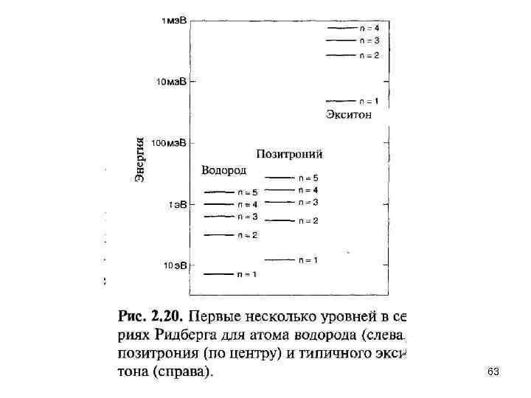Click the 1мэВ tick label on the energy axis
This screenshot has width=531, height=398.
tap(174, 21)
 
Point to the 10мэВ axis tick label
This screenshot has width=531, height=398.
tap(171, 82)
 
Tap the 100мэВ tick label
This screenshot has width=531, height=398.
tap(169, 142)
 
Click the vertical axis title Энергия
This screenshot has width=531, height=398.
tap(141, 158)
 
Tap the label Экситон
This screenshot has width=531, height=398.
tap(349, 114)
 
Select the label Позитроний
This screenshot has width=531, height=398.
tap(289, 154)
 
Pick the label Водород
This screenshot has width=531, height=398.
tap(223, 170)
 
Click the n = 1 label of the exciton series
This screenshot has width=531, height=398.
tap(369, 101)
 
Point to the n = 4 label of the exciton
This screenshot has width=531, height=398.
tap(369, 27)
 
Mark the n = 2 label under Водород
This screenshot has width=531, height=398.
tap(246, 235)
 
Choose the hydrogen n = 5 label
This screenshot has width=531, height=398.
tap(246, 192)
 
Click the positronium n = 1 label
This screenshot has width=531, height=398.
tap(308, 259)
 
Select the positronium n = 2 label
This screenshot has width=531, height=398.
tap(308, 220)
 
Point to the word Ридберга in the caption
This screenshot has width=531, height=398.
tap(183, 336)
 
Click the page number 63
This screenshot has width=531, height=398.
tap(493, 374)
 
